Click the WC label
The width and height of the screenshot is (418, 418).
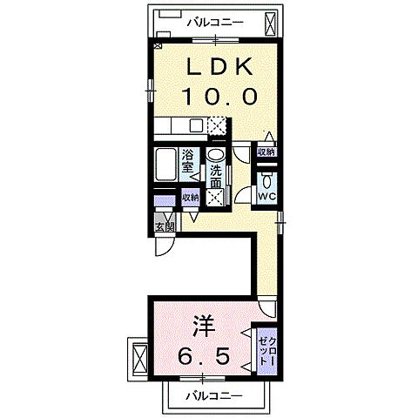tap(266, 197)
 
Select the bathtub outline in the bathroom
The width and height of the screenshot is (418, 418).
tap(165, 165)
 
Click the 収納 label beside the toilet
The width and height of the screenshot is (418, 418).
tap(265, 152)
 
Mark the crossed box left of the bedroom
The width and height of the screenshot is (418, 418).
tap(139, 357)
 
